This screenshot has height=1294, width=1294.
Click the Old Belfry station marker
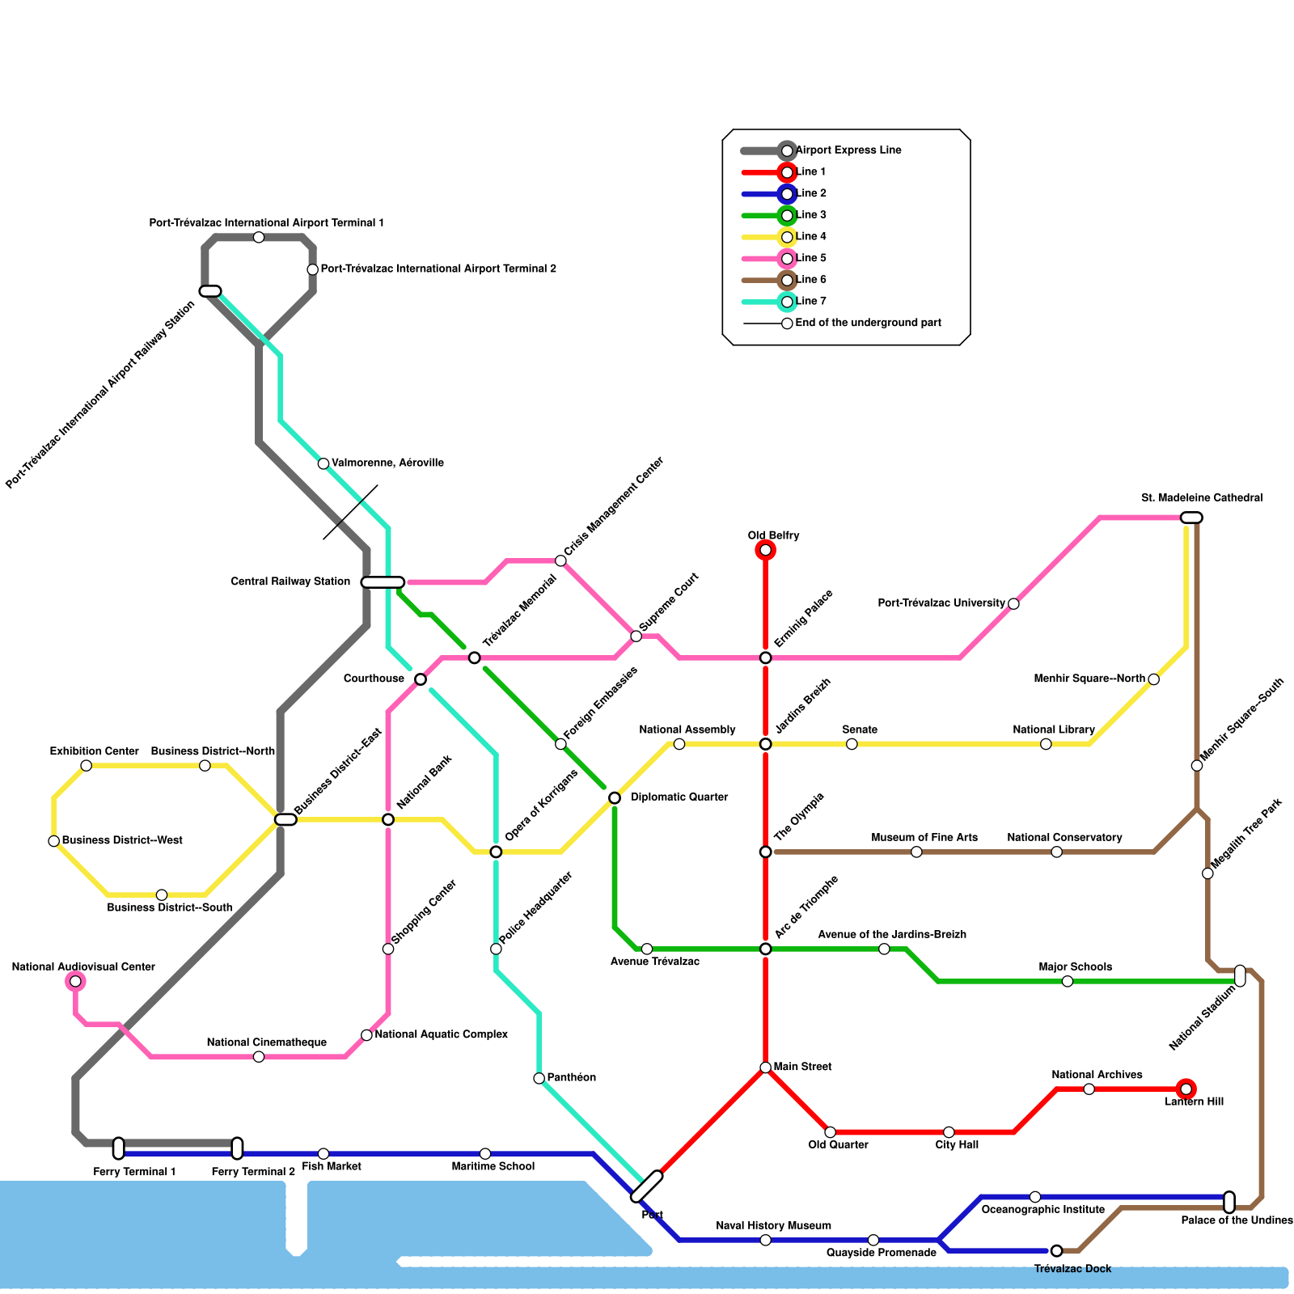765,551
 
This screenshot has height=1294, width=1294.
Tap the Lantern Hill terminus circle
1186,1089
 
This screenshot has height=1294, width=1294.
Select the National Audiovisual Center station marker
75,982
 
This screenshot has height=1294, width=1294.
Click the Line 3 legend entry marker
787,215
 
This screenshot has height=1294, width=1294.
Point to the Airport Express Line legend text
848,150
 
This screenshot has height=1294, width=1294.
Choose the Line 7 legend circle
787,302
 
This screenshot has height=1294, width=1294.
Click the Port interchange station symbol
646,1186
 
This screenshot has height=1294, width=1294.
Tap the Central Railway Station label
290,582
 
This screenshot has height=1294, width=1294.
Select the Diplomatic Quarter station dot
615,798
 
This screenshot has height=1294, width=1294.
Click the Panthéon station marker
539,1078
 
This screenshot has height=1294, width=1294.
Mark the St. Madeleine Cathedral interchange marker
1191,518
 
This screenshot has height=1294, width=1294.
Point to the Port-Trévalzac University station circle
1013,604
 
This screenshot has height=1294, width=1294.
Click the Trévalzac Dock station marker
1056,1251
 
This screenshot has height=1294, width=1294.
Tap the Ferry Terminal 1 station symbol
119,1148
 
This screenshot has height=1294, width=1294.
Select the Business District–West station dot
54,841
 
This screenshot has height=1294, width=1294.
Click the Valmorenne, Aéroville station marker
323,463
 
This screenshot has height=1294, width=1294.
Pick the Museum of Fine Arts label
924,838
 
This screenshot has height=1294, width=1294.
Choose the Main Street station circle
765,1068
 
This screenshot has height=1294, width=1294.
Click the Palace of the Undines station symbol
1229,1202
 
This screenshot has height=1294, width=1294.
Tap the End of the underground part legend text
868,323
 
